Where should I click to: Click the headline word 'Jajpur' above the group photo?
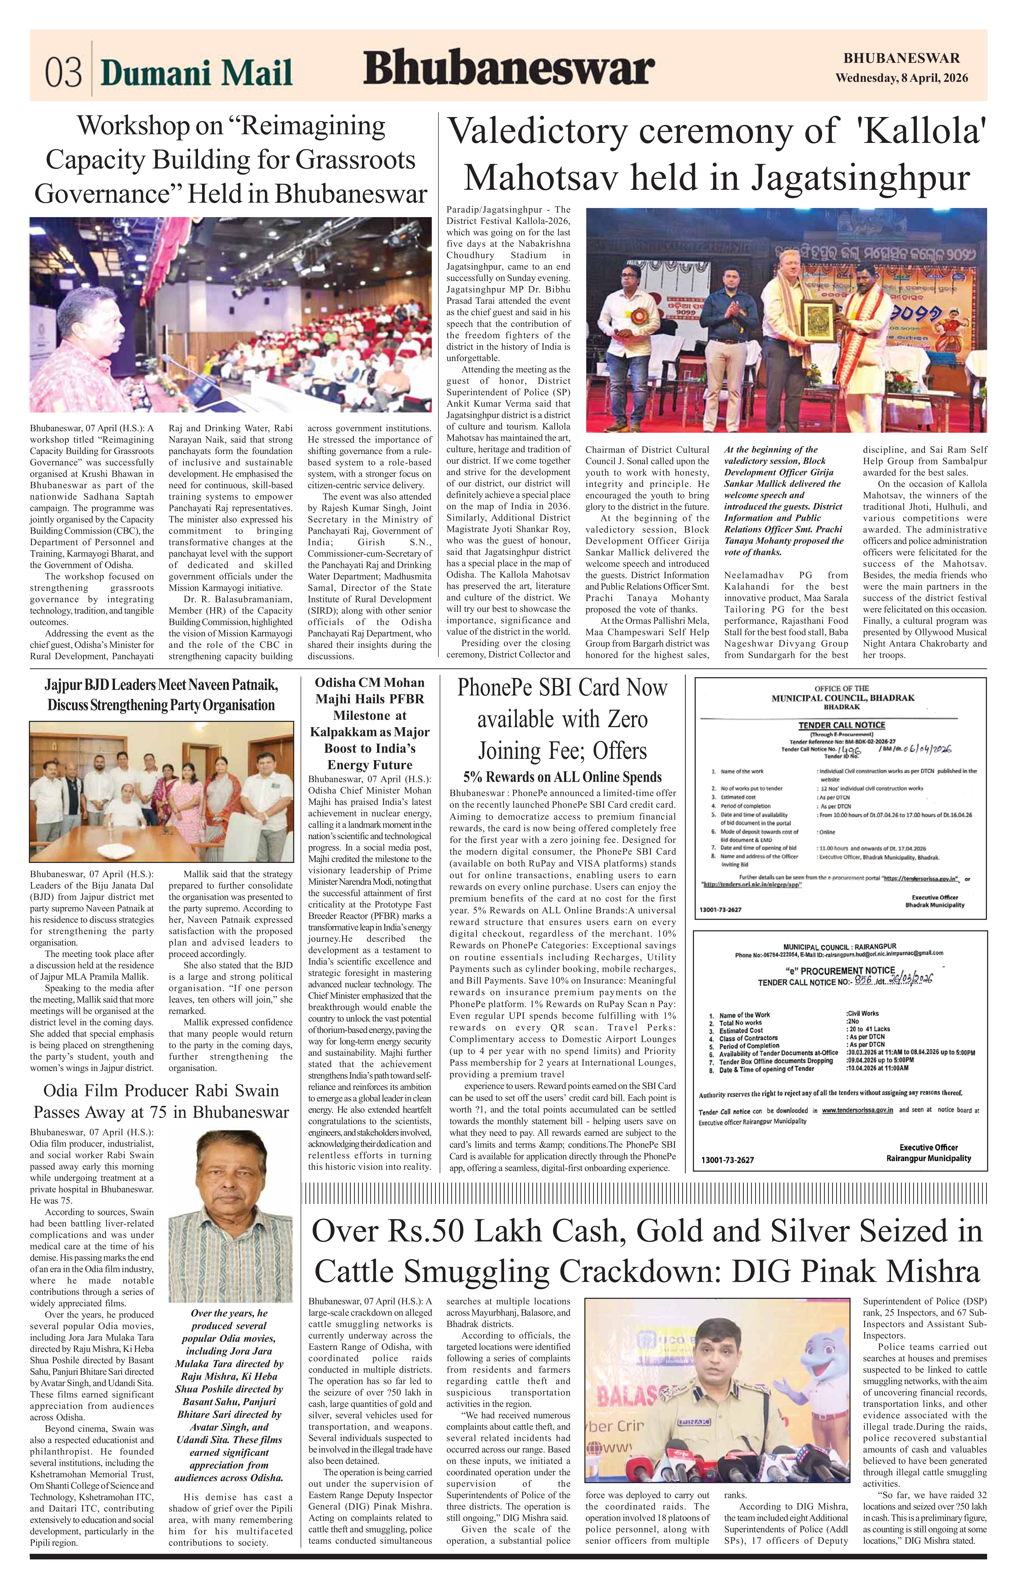tap(65, 684)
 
